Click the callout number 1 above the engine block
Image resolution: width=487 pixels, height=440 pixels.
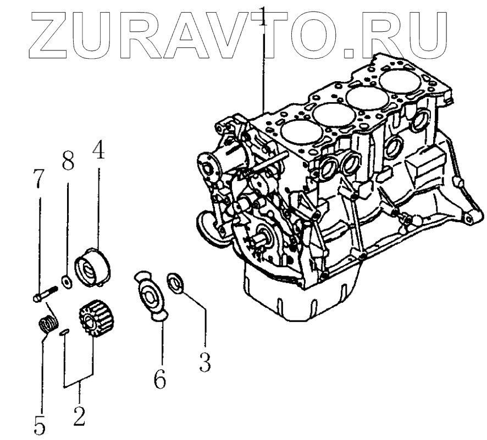[264, 16]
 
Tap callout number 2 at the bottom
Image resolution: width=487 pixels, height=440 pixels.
[79, 415]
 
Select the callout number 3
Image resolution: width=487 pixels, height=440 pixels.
[205, 362]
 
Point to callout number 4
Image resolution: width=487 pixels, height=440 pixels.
[98, 150]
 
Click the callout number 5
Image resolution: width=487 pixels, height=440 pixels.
[40, 425]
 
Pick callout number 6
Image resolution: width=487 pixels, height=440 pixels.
[159, 379]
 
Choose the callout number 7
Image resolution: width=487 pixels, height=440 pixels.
[39, 179]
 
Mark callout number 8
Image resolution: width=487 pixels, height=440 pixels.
[68, 161]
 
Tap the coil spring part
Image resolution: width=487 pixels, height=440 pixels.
[48, 324]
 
